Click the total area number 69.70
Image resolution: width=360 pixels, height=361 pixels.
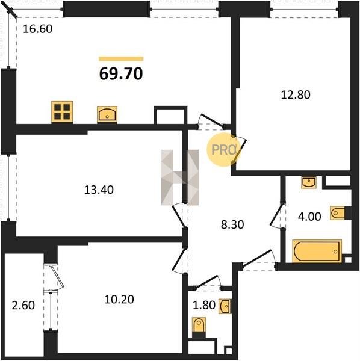click(x=121, y=74)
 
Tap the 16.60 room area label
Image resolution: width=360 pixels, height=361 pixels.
click(x=38, y=29)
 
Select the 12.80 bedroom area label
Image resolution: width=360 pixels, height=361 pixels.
click(x=296, y=95)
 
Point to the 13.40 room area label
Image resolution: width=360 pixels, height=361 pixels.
click(x=99, y=190)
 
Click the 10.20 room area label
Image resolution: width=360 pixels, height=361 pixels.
click(x=119, y=300)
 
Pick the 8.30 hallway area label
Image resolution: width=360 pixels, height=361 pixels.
click(x=232, y=224)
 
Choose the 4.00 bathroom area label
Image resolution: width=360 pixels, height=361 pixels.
click(x=309, y=217)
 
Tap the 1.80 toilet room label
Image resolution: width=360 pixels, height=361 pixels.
click(x=204, y=305)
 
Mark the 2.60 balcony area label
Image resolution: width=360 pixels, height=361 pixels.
click(x=23, y=306)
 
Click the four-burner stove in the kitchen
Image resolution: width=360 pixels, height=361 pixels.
click(x=62, y=112)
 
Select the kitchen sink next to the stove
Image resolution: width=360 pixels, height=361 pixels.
click(x=107, y=114)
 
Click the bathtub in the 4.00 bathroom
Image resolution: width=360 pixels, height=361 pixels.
click(x=317, y=251)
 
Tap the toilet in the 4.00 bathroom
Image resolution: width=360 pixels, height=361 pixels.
click(x=338, y=213)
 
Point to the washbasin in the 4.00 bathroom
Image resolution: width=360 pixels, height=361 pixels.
click(x=309, y=182)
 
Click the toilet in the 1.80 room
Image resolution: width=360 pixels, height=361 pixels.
click(x=199, y=325)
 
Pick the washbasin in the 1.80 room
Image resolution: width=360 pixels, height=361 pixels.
click(x=225, y=306)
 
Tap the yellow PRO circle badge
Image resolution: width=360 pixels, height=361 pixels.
click(x=223, y=150)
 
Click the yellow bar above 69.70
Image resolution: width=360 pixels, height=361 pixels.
click(x=121, y=59)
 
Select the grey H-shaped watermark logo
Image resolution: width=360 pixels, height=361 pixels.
click(x=179, y=177)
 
